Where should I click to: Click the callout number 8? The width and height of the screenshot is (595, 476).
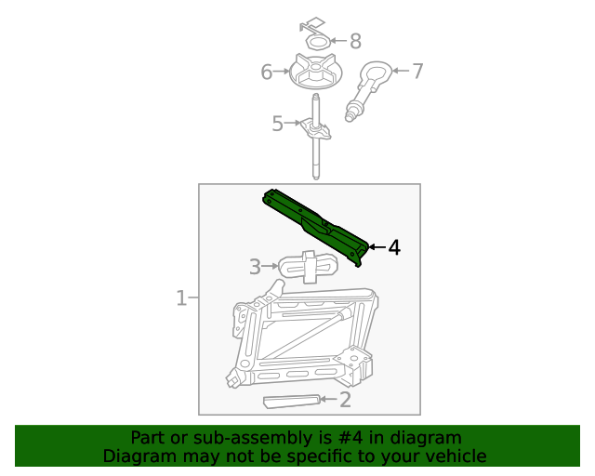(x=354, y=41)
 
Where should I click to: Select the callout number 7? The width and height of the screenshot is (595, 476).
(x=417, y=71)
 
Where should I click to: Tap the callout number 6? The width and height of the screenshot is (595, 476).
(x=267, y=72)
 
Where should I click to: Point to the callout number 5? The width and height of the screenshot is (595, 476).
(x=277, y=124)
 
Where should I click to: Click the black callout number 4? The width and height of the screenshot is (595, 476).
(x=394, y=247)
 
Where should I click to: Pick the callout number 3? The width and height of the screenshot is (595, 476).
(x=255, y=268)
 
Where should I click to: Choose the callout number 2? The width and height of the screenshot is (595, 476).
(x=345, y=400)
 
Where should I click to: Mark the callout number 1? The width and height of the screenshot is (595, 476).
(x=182, y=298)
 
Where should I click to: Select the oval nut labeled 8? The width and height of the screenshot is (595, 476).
(x=318, y=42)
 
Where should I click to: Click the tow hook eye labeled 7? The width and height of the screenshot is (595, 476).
(x=374, y=74)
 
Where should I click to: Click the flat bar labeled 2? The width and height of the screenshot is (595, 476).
(x=293, y=402)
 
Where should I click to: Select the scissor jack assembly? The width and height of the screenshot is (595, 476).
(x=302, y=339)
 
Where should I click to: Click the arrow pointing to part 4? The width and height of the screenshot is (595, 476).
(x=377, y=247)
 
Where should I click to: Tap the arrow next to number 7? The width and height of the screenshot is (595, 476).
(x=401, y=71)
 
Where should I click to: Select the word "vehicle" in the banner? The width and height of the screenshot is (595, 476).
(x=455, y=456)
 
